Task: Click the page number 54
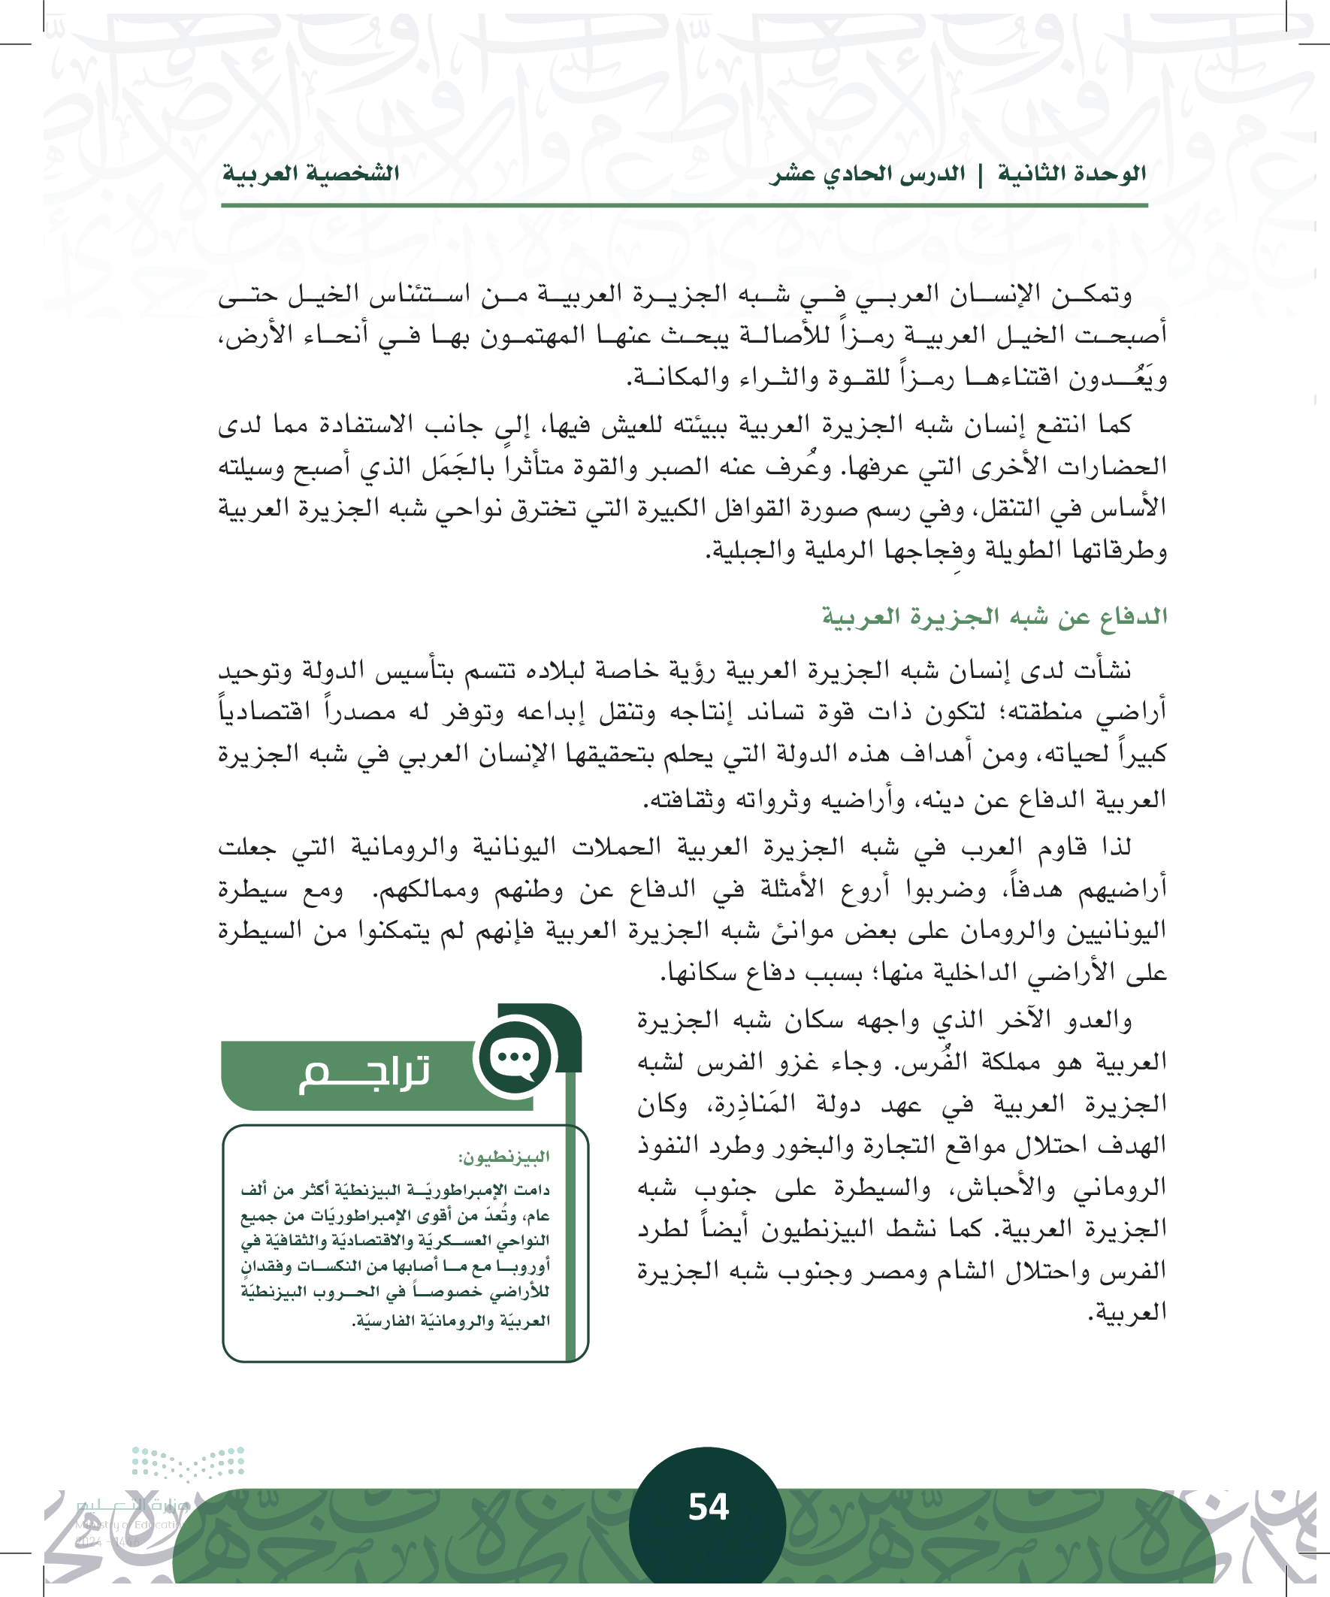point(708,1507)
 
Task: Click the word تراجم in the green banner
point(364,1073)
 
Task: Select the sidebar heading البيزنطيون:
point(503,1157)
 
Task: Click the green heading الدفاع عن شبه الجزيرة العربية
point(994,616)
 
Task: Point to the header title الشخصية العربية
point(310,174)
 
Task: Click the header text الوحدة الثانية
point(1072,174)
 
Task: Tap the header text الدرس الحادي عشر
point(868,174)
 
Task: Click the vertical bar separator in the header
point(980,176)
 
